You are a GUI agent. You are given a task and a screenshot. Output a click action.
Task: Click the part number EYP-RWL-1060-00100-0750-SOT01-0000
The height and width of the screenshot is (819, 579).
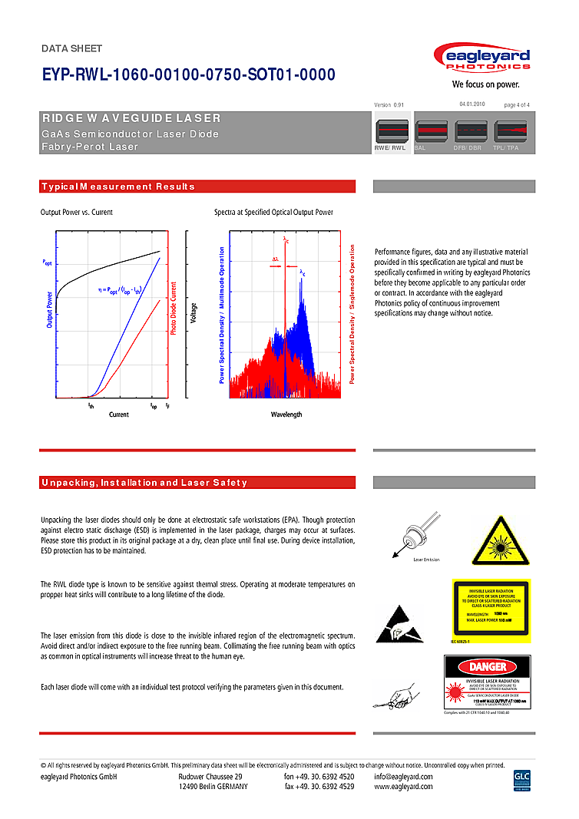coord(188,74)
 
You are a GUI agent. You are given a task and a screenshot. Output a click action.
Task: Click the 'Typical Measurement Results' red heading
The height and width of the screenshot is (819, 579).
coord(118,187)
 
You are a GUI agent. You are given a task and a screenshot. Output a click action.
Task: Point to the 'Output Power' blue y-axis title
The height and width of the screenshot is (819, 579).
coord(49,310)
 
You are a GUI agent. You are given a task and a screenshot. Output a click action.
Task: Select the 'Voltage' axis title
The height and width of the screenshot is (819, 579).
coord(194,318)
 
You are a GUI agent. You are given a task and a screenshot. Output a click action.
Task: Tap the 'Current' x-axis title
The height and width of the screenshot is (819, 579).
coord(119,414)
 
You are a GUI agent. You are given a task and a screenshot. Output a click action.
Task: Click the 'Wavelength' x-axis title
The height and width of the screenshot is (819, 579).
coord(286,414)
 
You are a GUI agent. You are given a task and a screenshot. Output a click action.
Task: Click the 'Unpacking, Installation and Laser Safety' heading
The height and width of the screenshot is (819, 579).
coord(144,483)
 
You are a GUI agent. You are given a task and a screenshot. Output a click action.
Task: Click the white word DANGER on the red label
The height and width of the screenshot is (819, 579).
coord(488,667)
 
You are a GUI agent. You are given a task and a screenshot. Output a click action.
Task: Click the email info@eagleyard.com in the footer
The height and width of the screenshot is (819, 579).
coord(403,776)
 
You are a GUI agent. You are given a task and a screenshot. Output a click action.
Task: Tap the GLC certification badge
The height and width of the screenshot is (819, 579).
coord(522,781)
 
